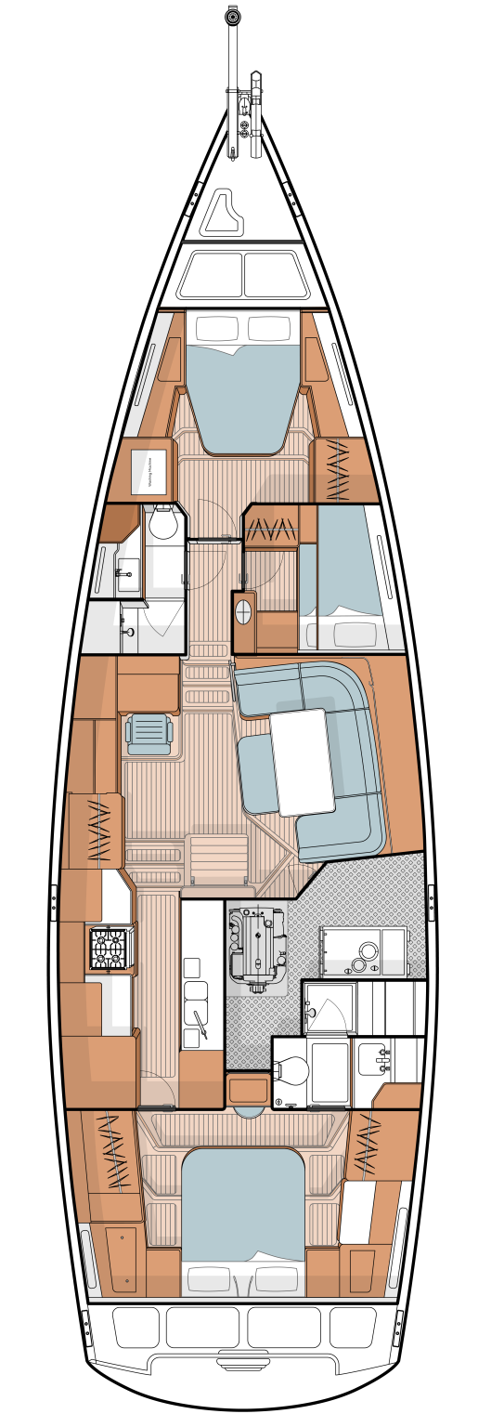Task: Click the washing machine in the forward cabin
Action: (149, 471)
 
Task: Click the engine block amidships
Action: (256, 945)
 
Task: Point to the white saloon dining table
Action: (302, 761)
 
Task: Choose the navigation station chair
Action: (149, 732)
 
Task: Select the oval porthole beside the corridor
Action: (244, 612)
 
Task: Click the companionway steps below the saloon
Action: (217, 858)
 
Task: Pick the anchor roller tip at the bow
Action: (233, 17)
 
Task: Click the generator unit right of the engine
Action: (363, 951)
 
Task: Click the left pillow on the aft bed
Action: (208, 1279)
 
